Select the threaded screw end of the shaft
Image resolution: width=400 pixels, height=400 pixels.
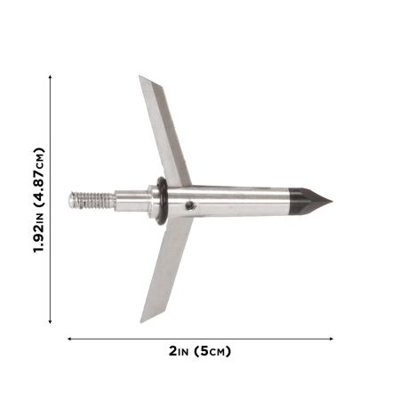92,200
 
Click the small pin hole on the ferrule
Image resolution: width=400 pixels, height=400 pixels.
189,205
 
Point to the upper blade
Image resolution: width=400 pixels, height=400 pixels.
164,131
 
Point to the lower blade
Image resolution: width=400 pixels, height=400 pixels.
166,269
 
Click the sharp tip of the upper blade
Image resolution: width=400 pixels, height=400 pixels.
140,76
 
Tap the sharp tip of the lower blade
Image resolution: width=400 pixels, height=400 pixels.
140,323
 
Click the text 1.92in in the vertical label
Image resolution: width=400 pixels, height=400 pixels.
38,233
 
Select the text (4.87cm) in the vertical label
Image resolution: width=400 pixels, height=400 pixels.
38,177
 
